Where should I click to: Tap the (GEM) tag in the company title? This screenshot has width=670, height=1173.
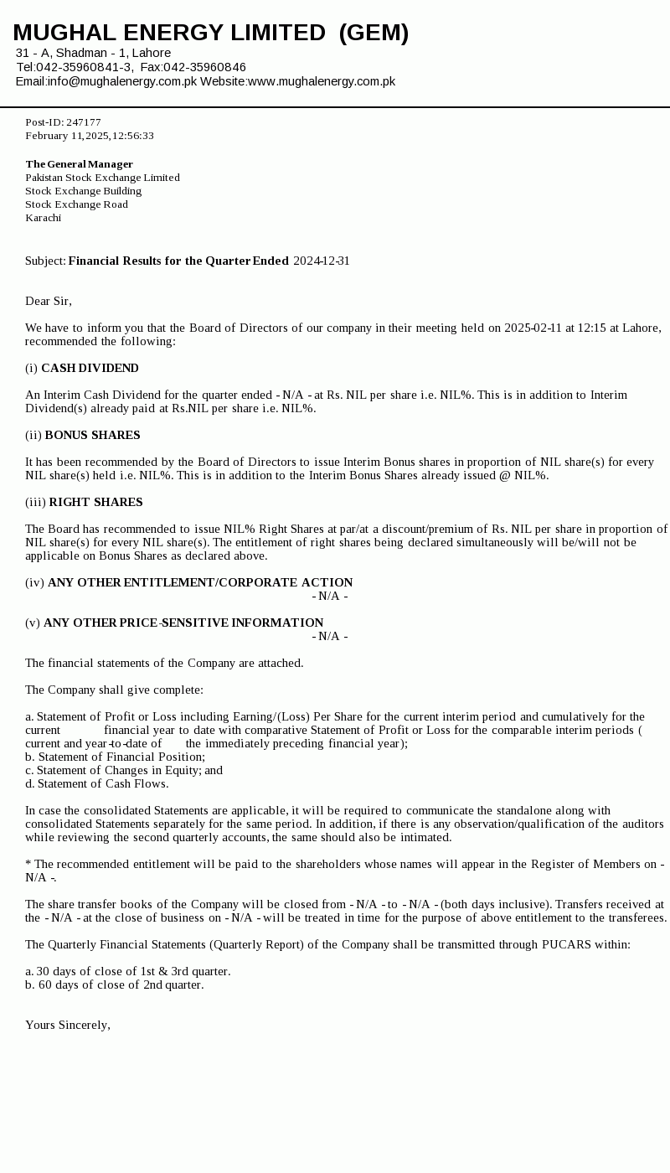click(x=374, y=33)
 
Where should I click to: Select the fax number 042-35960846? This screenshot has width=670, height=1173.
click(x=204, y=67)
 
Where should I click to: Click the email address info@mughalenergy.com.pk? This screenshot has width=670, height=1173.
click(x=121, y=81)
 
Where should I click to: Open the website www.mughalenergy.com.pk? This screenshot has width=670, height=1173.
click(x=322, y=81)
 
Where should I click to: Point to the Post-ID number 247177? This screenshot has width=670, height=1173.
click(x=83, y=122)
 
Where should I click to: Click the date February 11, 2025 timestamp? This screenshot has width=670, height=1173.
click(x=89, y=136)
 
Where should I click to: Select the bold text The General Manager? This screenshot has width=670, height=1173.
click(x=79, y=164)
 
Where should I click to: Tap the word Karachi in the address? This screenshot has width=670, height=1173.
click(x=43, y=218)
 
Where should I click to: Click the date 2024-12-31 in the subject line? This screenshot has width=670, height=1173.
click(x=322, y=261)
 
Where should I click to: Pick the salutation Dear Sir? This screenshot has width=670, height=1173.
click(x=49, y=301)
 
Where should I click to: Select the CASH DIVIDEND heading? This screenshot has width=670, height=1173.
click(x=90, y=368)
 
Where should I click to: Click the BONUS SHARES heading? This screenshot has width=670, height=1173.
click(x=92, y=435)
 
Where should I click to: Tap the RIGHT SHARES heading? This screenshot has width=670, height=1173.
click(x=95, y=502)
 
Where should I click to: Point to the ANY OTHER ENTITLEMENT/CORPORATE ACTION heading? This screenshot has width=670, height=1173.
click(x=200, y=582)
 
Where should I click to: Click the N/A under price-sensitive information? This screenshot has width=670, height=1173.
click(x=329, y=636)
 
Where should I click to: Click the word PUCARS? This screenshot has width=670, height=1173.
click(x=567, y=944)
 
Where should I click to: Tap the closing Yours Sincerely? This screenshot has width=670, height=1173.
click(x=68, y=1025)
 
